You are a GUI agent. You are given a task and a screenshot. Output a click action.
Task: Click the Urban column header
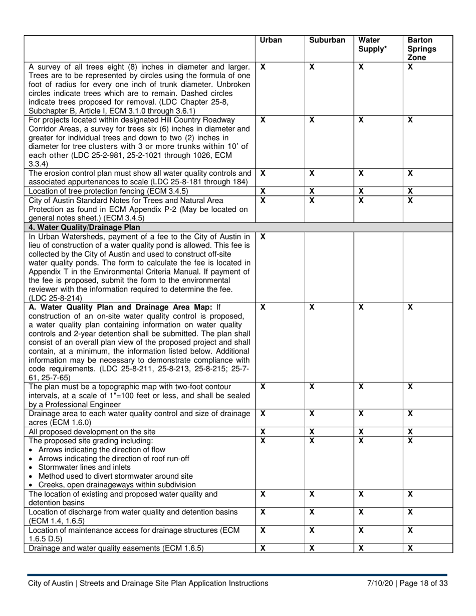tap(271, 40)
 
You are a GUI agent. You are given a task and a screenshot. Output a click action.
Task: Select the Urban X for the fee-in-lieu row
tap(263, 236)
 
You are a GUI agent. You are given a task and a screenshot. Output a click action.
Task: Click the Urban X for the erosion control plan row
tap(263, 173)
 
